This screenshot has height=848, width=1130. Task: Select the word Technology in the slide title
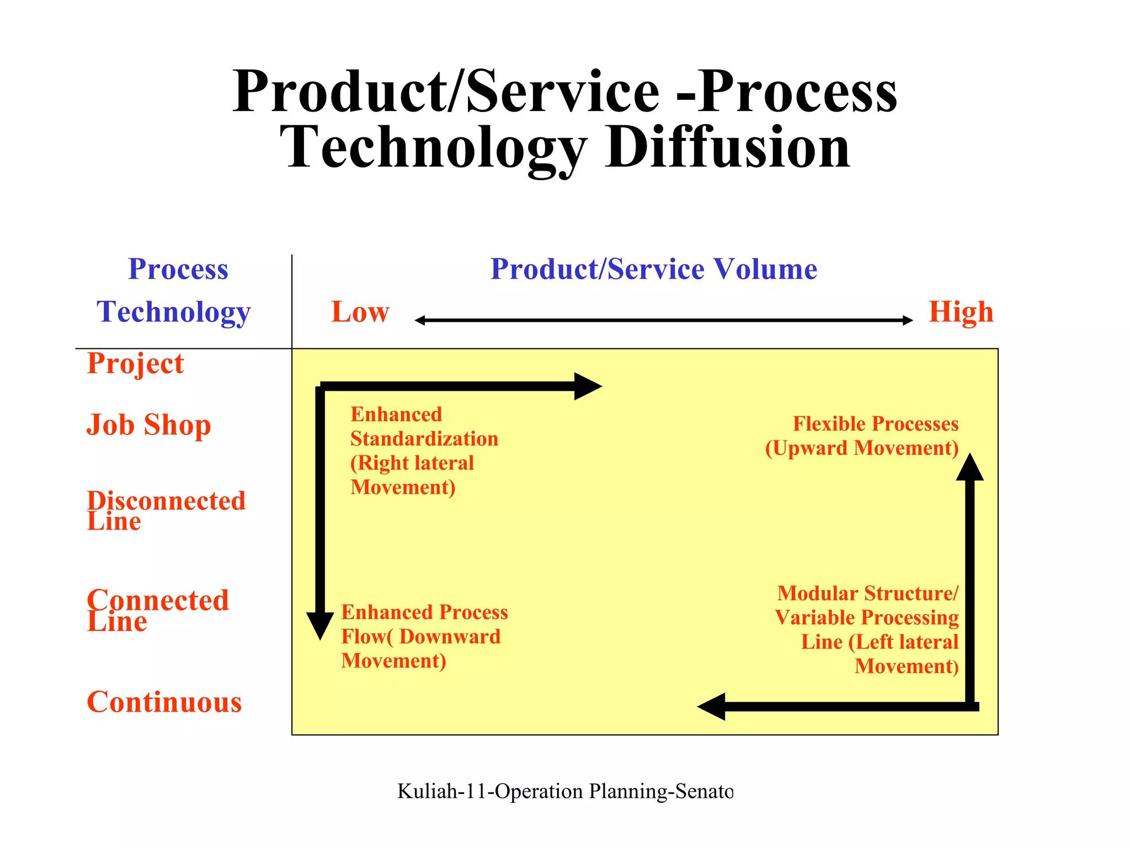click(x=433, y=147)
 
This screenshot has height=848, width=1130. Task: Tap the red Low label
click(x=360, y=312)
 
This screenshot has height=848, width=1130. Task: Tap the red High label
click(x=961, y=312)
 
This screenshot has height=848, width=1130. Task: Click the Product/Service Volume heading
click(x=653, y=269)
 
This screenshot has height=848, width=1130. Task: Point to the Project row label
click(x=135, y=364)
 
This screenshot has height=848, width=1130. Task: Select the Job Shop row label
click(x=148, y=425)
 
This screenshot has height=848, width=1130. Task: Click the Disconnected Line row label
click(x=166, y=510)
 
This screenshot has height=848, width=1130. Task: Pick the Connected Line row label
click(x=157, y=610)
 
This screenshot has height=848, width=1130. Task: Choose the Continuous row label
click(x=164, y=702)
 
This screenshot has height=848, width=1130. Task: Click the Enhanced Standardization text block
click(x=424, y=451)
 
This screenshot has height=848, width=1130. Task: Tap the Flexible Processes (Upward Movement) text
click(x=862, y=436)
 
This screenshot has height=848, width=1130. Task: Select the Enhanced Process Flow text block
click(x=424, y=636)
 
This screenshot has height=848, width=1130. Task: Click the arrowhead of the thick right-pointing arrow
click(x=587, y=386)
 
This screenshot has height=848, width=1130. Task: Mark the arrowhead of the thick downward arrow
click(x=320, y=625)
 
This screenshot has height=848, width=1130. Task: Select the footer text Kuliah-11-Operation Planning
click(x=565, y=791)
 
